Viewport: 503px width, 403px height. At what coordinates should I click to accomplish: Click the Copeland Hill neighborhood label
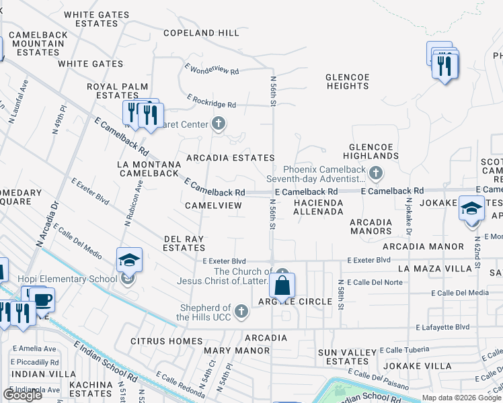click(202, 33)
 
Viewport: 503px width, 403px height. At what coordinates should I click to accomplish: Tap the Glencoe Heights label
click(347, 81)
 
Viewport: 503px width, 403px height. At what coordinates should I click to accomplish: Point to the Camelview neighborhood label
click(213, 205)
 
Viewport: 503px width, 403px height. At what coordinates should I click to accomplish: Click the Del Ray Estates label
click(184, 242)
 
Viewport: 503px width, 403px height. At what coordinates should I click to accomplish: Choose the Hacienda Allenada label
click(319, 206)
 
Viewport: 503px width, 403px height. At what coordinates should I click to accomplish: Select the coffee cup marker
click(42, 300)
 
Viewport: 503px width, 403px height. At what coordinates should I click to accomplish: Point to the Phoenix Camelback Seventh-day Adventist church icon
click(375, 175)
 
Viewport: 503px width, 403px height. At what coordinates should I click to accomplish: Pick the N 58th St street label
click(341, 295)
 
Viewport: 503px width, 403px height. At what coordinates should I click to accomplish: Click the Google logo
click(22, 394)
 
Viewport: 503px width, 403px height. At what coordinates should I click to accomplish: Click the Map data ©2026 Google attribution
click(461, 398)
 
